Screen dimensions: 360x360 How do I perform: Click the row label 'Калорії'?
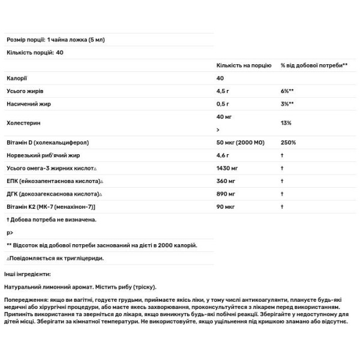[x=16, y=79]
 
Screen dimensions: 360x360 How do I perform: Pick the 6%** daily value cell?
[x=286, y=92]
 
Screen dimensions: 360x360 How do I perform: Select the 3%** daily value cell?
[x=286, y=104]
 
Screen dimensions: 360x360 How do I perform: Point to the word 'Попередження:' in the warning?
[x=25, y=298]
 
